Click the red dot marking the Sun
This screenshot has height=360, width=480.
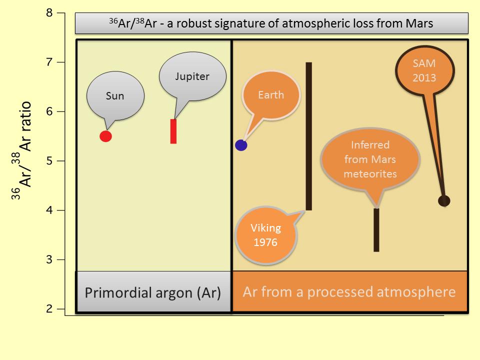coord(105,136)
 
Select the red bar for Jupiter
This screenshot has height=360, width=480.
coord(173,131)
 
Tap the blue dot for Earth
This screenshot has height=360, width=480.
coord(241,145)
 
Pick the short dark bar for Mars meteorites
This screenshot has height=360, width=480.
coord(376,230)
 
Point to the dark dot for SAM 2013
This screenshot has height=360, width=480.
coord(444,201)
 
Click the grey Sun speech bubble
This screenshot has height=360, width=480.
coord(115,96)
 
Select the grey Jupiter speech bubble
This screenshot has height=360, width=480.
coord(192,76)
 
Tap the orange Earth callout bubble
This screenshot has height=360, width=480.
coord(271,95)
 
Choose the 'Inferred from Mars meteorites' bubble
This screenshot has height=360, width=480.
coord(370,159)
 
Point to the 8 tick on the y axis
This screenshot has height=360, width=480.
coord(49,13)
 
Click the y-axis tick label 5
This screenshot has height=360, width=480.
coord(49,161)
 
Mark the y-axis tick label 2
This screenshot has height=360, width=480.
coord(49,309)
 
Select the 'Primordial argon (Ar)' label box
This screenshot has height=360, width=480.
coord(153,292)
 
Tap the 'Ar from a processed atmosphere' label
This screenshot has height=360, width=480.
coord(349,292)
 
